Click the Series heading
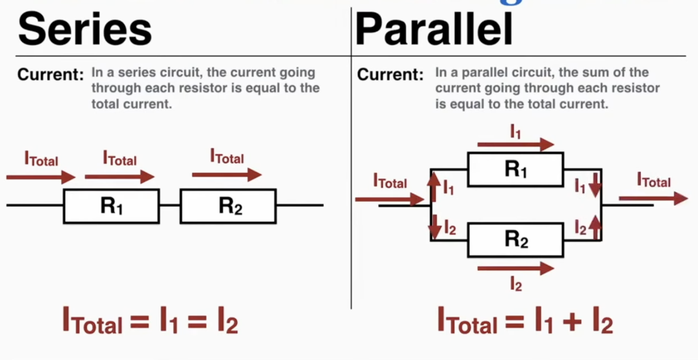pyautogui.click(x=85, y=29)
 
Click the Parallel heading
pyautogui.click(x=434, y=29)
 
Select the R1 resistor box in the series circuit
pyautogui.click(x=111, y=206)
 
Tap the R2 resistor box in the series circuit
pyautogui.click(x=228, y=206)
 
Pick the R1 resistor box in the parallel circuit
pyautogui.click(x=515, y=169)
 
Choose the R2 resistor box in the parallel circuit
pyautogui.click(x=515, y=239)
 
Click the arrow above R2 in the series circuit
pyautogui.click(x=226, y=175)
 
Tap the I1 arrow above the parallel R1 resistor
pyautogui.click(x=515, y=145)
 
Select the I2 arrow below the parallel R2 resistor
pyautogui.click(x=515, y=268)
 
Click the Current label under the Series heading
pyautogui.click(x=50, y=75)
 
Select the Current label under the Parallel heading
pyautogui.click(x=390, y=75)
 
